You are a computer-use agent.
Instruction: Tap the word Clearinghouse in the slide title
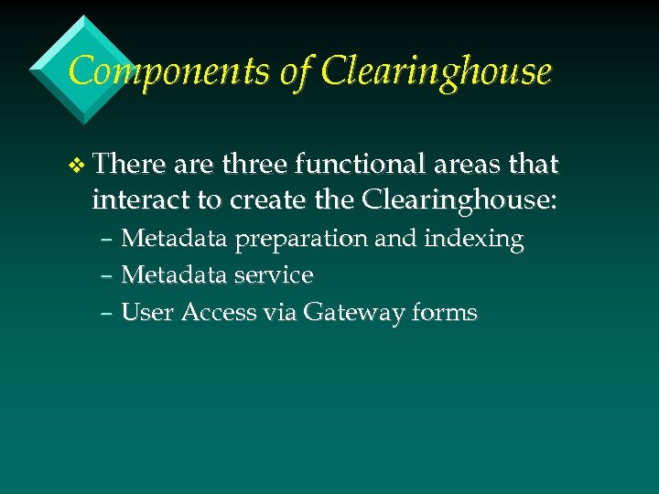pos(438,71)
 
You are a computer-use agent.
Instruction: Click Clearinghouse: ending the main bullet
pos(459,200)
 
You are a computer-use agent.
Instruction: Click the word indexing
pos(474,240)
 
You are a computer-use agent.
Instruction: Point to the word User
pos(148,313)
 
